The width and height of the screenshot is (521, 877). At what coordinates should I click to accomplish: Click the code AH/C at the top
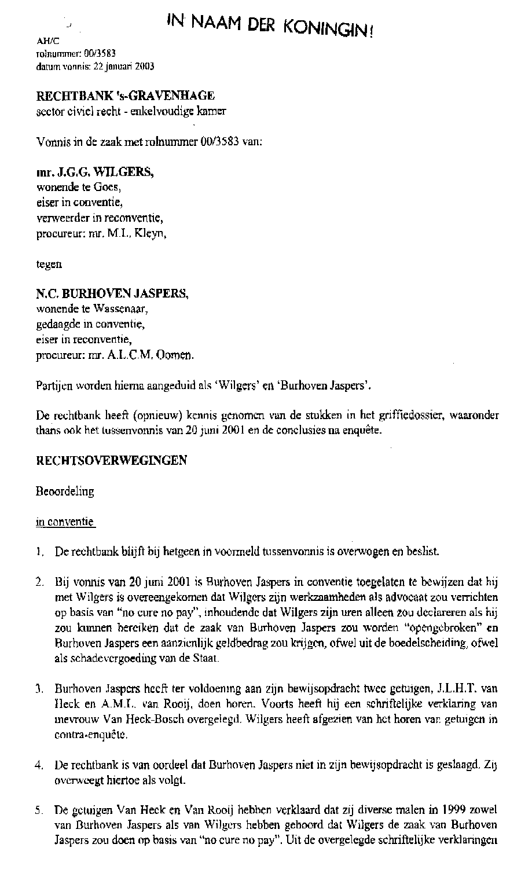tap(44, 41)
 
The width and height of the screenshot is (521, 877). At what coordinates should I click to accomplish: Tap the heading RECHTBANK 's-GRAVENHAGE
tap(126, 95)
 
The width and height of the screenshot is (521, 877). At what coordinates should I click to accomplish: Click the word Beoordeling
tap(65, 491)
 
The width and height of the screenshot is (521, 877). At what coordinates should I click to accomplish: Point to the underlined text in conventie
tap(65, 522)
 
